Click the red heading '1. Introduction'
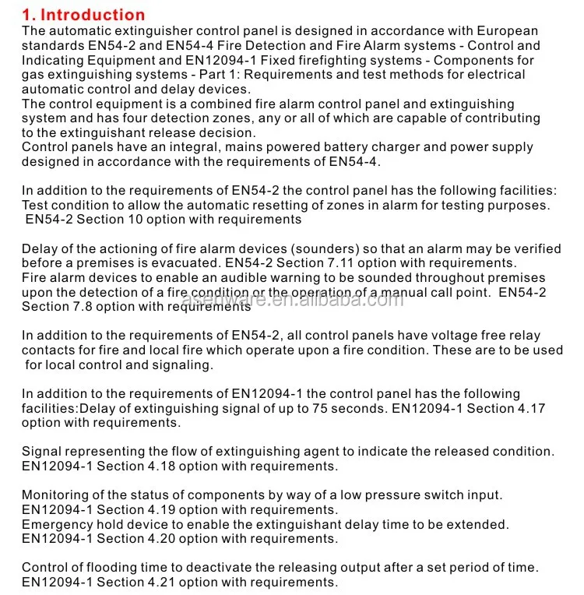pyautogui.click(x=83, y=14)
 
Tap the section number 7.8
pyautogui.click(x=88, y=307)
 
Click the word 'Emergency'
pyautogui.click(x=58, y=525)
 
